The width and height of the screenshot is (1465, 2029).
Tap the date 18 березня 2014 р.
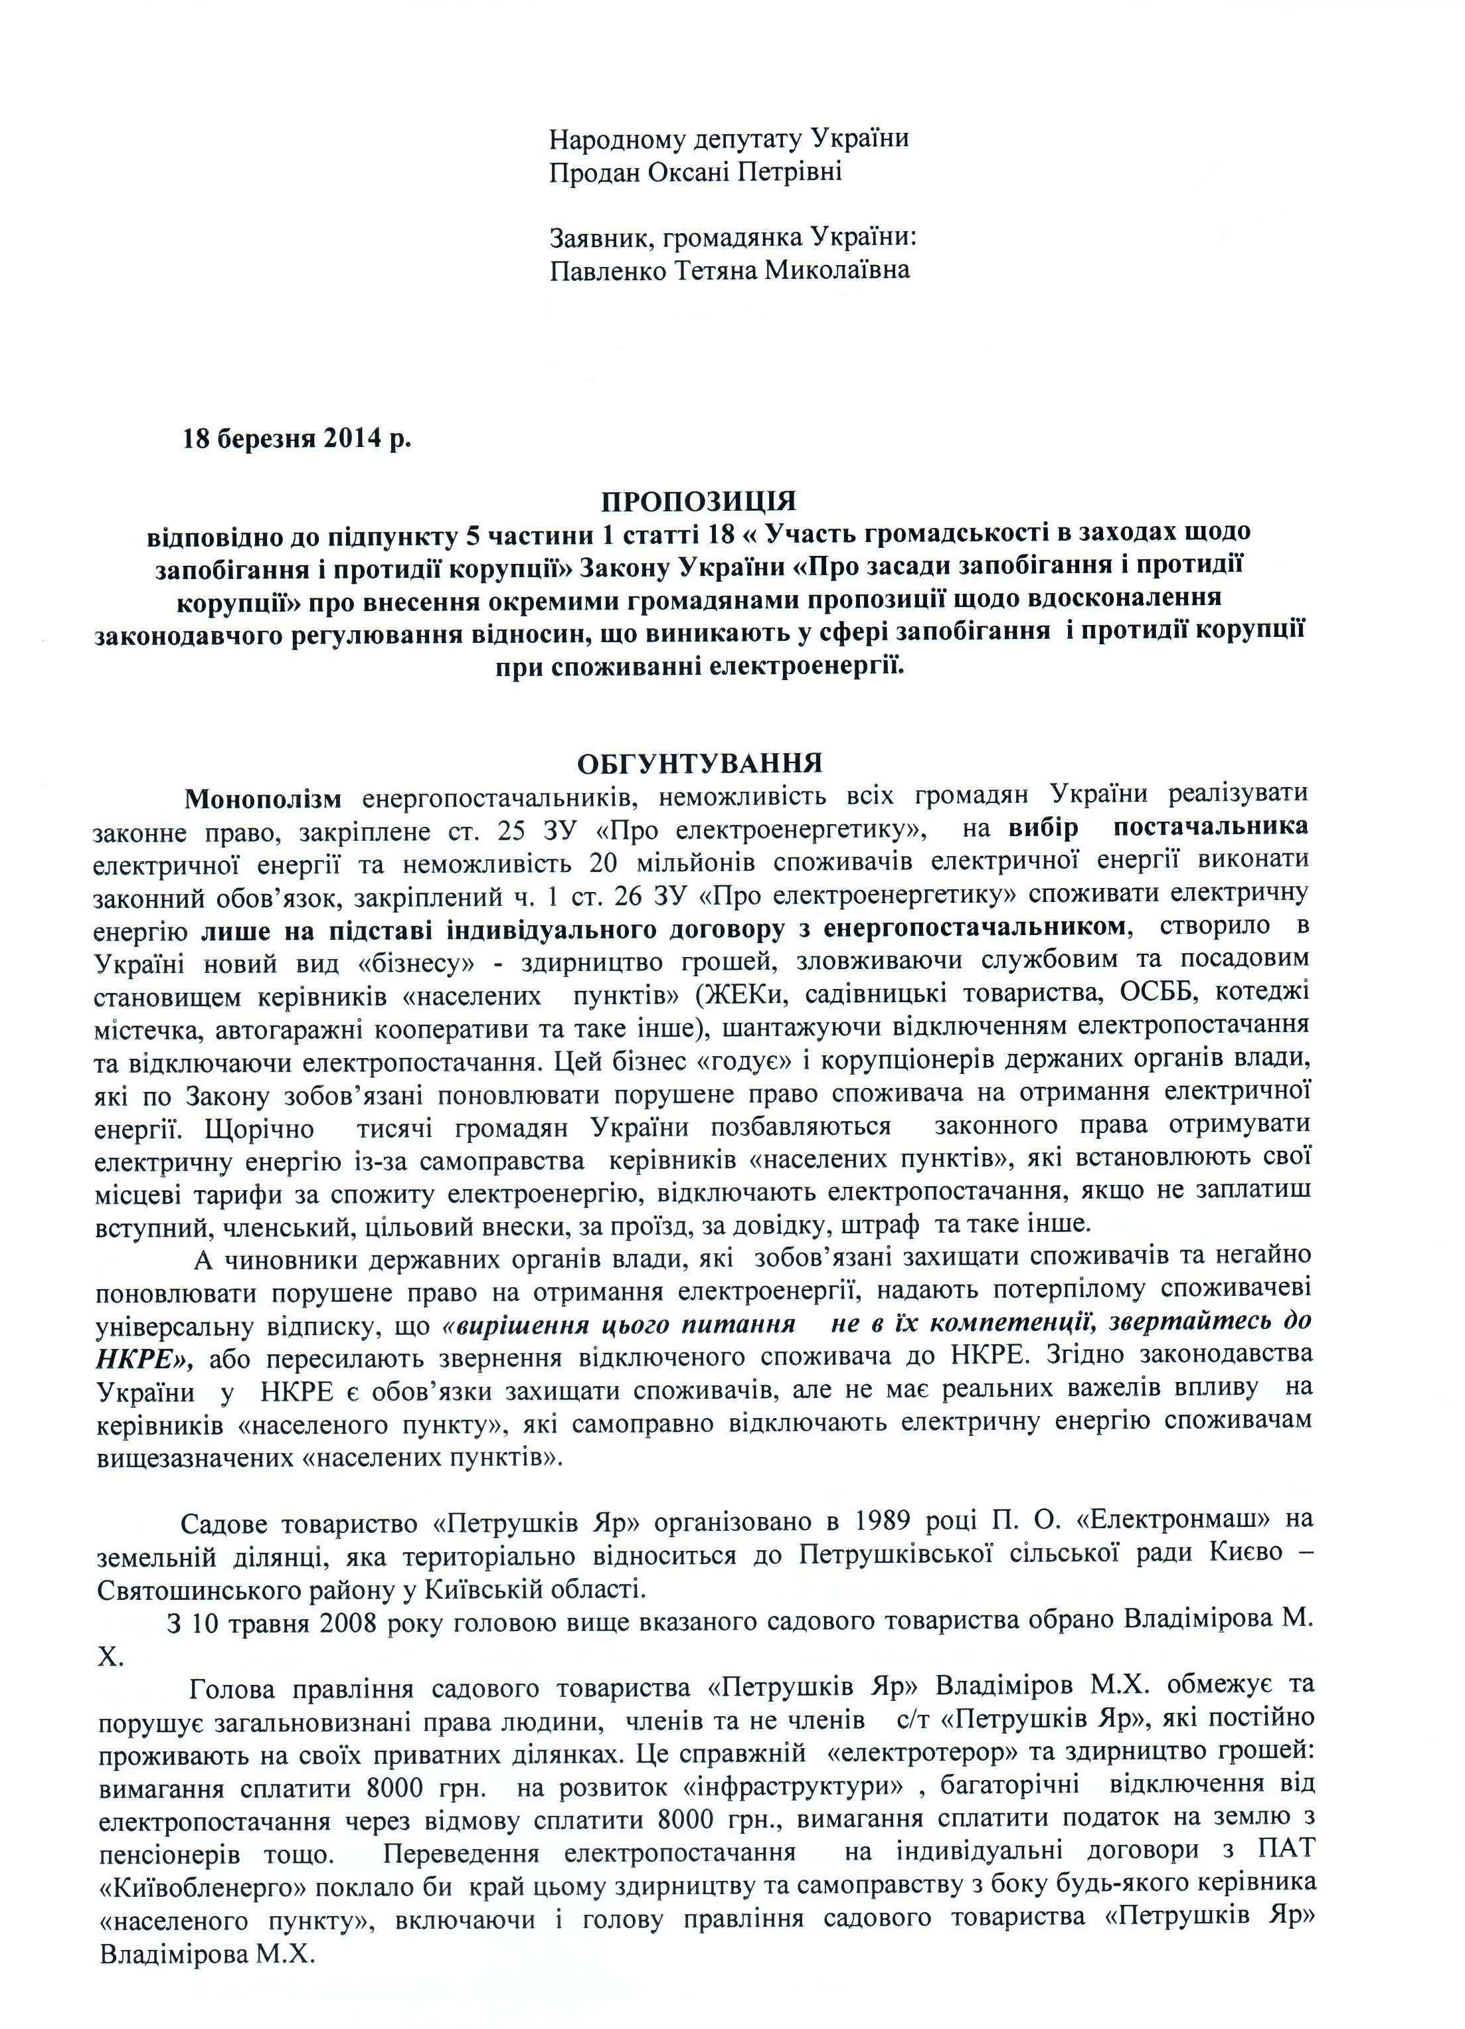(x=297, y=438)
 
